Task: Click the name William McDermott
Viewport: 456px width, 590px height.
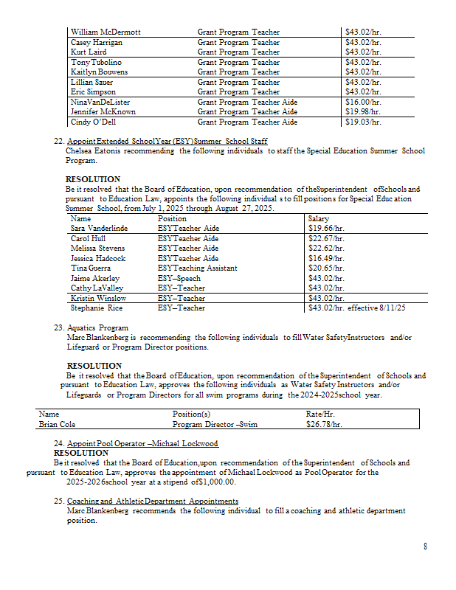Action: [106, 32]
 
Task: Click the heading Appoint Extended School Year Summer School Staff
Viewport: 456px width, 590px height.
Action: [167, 141]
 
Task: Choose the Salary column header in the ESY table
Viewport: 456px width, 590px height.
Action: [318, 219]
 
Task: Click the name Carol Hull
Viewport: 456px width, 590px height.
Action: [88, 239]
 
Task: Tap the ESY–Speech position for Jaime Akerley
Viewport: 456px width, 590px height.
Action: [180, 278]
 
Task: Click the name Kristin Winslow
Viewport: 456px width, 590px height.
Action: [98, 298]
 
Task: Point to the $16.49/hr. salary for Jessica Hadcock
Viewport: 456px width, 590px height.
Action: [327, 259]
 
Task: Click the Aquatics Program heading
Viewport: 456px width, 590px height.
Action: [97, 327]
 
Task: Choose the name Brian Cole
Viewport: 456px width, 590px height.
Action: [57, 425]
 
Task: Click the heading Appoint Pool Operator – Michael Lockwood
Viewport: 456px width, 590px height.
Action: [142, 443]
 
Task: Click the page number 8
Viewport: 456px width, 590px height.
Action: [425, 546]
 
